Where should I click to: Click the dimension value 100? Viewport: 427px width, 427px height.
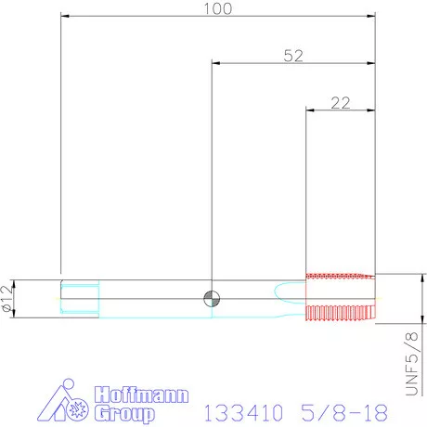click(218, 8)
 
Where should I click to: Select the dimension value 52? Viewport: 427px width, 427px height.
click(293, 56)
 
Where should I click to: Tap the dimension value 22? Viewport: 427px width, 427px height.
click(341, 103)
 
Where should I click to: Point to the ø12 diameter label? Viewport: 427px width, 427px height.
click(7, 298)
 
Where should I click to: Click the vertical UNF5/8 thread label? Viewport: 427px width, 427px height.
click(412, 364)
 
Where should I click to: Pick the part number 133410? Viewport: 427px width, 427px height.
click(243, 412)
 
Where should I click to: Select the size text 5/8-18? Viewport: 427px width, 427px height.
click(344, 412)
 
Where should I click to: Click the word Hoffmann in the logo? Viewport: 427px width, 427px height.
click(141, 395)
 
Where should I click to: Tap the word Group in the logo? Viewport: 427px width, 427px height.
click(124, 413)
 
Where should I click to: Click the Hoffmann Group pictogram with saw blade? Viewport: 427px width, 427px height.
click(63, 401)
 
